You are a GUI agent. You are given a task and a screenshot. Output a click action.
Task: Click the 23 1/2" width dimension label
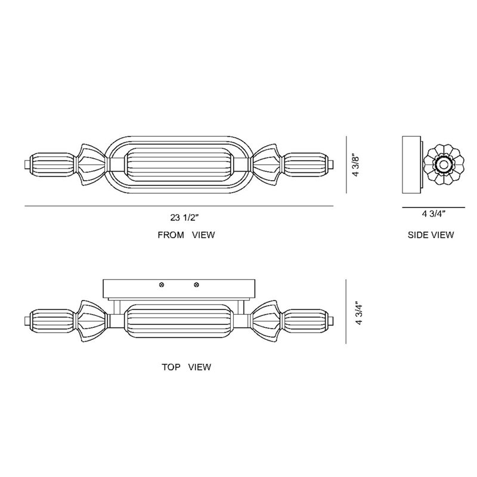[x=184, y=218]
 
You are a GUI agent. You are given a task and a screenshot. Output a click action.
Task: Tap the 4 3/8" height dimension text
[x=356, y=166]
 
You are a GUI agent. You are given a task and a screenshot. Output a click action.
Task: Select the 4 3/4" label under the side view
[x=433, y=214]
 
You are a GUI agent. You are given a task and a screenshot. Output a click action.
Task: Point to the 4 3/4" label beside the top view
[x=360, y=314]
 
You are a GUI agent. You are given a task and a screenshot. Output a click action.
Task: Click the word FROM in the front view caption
[x=171, y=235]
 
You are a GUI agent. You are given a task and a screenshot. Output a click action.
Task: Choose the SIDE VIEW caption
[x=430, y=235]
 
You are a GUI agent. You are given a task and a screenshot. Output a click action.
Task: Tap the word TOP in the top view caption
[x=171, y=367]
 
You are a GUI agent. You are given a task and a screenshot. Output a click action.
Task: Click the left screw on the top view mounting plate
[x=162, y=285]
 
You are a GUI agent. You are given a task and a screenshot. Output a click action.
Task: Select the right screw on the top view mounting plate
[x=197, y=285]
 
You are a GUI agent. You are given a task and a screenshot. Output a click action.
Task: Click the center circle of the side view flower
[x=443, y=165]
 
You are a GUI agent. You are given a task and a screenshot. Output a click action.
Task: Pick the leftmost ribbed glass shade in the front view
[x=52, y=165]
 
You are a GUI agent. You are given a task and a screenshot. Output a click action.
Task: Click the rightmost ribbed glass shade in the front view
[x=305, y=165]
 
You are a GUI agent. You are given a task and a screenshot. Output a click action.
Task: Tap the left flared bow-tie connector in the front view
[x=92, y=165]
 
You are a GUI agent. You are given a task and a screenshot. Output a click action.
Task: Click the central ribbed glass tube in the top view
[x=179, y=321]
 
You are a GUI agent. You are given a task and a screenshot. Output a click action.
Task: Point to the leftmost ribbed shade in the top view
[x=52, y=321]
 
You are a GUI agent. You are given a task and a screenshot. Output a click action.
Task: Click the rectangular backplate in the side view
[x=411, y=165]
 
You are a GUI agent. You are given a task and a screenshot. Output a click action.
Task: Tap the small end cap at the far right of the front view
[x=331, y=165]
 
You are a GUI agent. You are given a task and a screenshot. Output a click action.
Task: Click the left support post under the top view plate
[x=116, y=307]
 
